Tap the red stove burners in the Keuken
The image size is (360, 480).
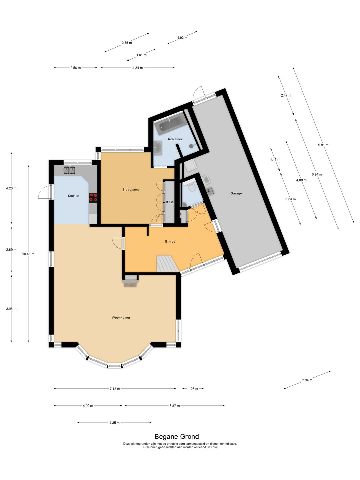(x=93, y=198)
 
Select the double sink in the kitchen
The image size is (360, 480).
(x=69, y=170)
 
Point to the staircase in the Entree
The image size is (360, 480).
(x=166, y=263)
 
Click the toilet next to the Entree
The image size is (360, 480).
(x=191, y=187)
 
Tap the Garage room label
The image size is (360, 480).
(x=236, y=193)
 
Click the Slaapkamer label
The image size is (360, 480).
(x=131, y=189)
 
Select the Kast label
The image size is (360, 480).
(x=170, y=202)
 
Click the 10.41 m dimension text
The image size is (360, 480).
(x=28, y=254)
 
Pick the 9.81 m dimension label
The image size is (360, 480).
(x=323, y=145)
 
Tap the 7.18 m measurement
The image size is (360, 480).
(x=115, y=389)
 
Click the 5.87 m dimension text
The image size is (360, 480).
(x=174, y=406)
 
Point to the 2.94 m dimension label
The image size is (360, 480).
(x=307, y=380)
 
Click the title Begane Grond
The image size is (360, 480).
(x=176, y=436)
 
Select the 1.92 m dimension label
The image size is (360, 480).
(x=182, y=38)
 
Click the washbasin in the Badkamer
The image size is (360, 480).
(x=158, y=147)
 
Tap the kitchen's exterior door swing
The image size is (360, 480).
(x=44, y=193)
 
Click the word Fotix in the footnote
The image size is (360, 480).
(x=214, y=447)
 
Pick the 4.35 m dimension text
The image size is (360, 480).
(x=114, y=423)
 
